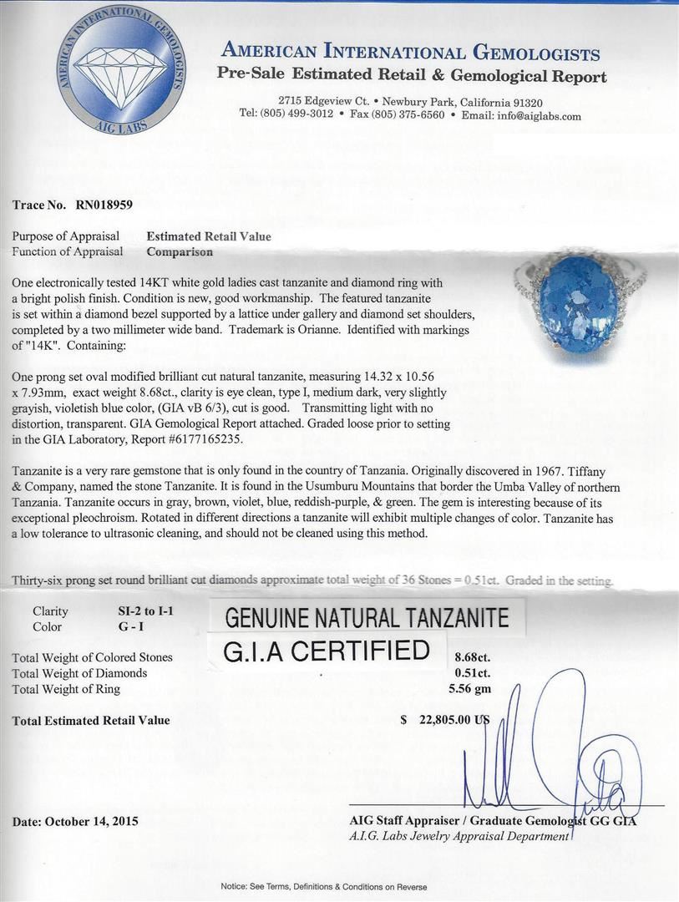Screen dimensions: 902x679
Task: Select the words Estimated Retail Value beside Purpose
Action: [x=209, y=236]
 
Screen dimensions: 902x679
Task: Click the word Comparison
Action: [x=180, y=251]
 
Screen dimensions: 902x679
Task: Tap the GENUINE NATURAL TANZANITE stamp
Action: [x=367, y=618]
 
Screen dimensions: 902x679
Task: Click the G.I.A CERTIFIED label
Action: [x=326, y=651]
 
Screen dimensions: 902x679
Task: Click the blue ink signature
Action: [x=551, y=752]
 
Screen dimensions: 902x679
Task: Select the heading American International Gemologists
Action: [x=410, y=53]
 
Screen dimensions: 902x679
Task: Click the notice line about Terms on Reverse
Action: [x=324, y=887]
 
